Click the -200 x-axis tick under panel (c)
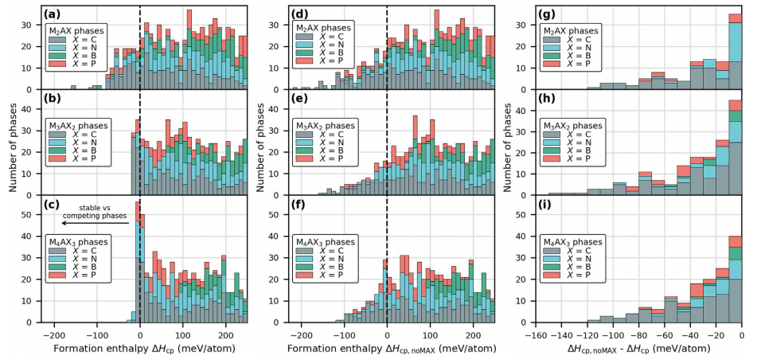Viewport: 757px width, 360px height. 54,333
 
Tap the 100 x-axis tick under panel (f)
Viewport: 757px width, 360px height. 431,333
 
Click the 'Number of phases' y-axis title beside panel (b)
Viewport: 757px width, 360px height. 12,151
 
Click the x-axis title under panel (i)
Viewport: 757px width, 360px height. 634,349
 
